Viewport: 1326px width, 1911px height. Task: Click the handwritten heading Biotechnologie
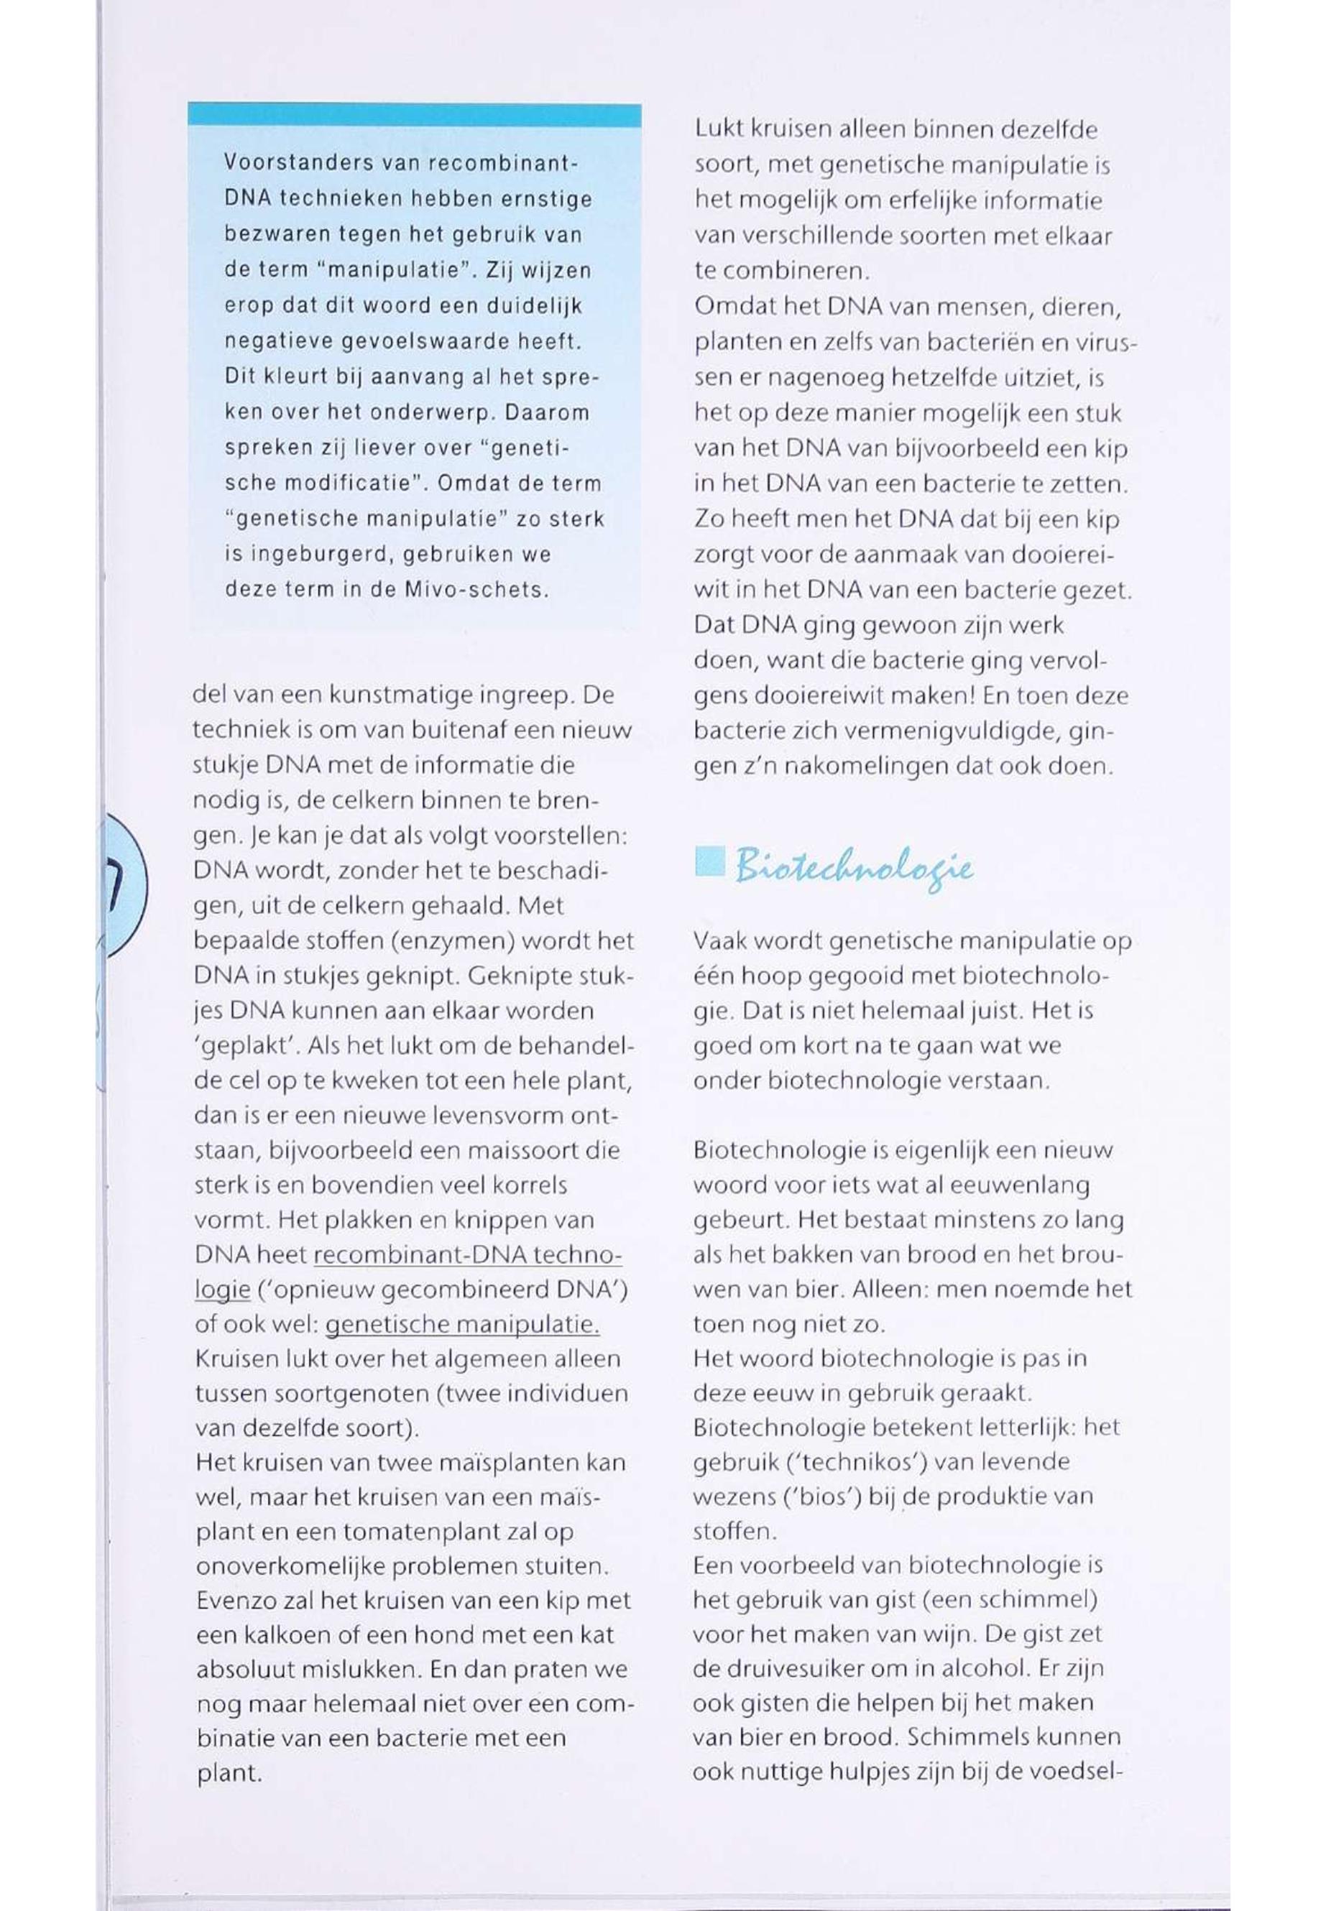click(853, 869)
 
